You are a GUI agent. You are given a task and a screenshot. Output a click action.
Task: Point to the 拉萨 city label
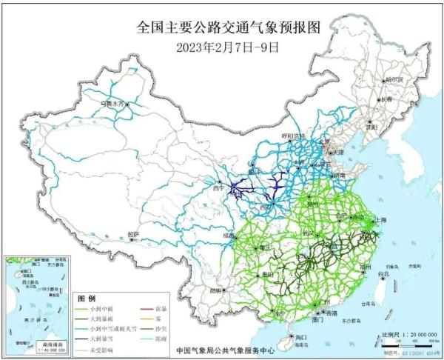[133, 236]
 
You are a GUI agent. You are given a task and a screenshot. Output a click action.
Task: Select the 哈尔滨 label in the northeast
[394, 79]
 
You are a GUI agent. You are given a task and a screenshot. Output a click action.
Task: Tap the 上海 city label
[383, 220]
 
